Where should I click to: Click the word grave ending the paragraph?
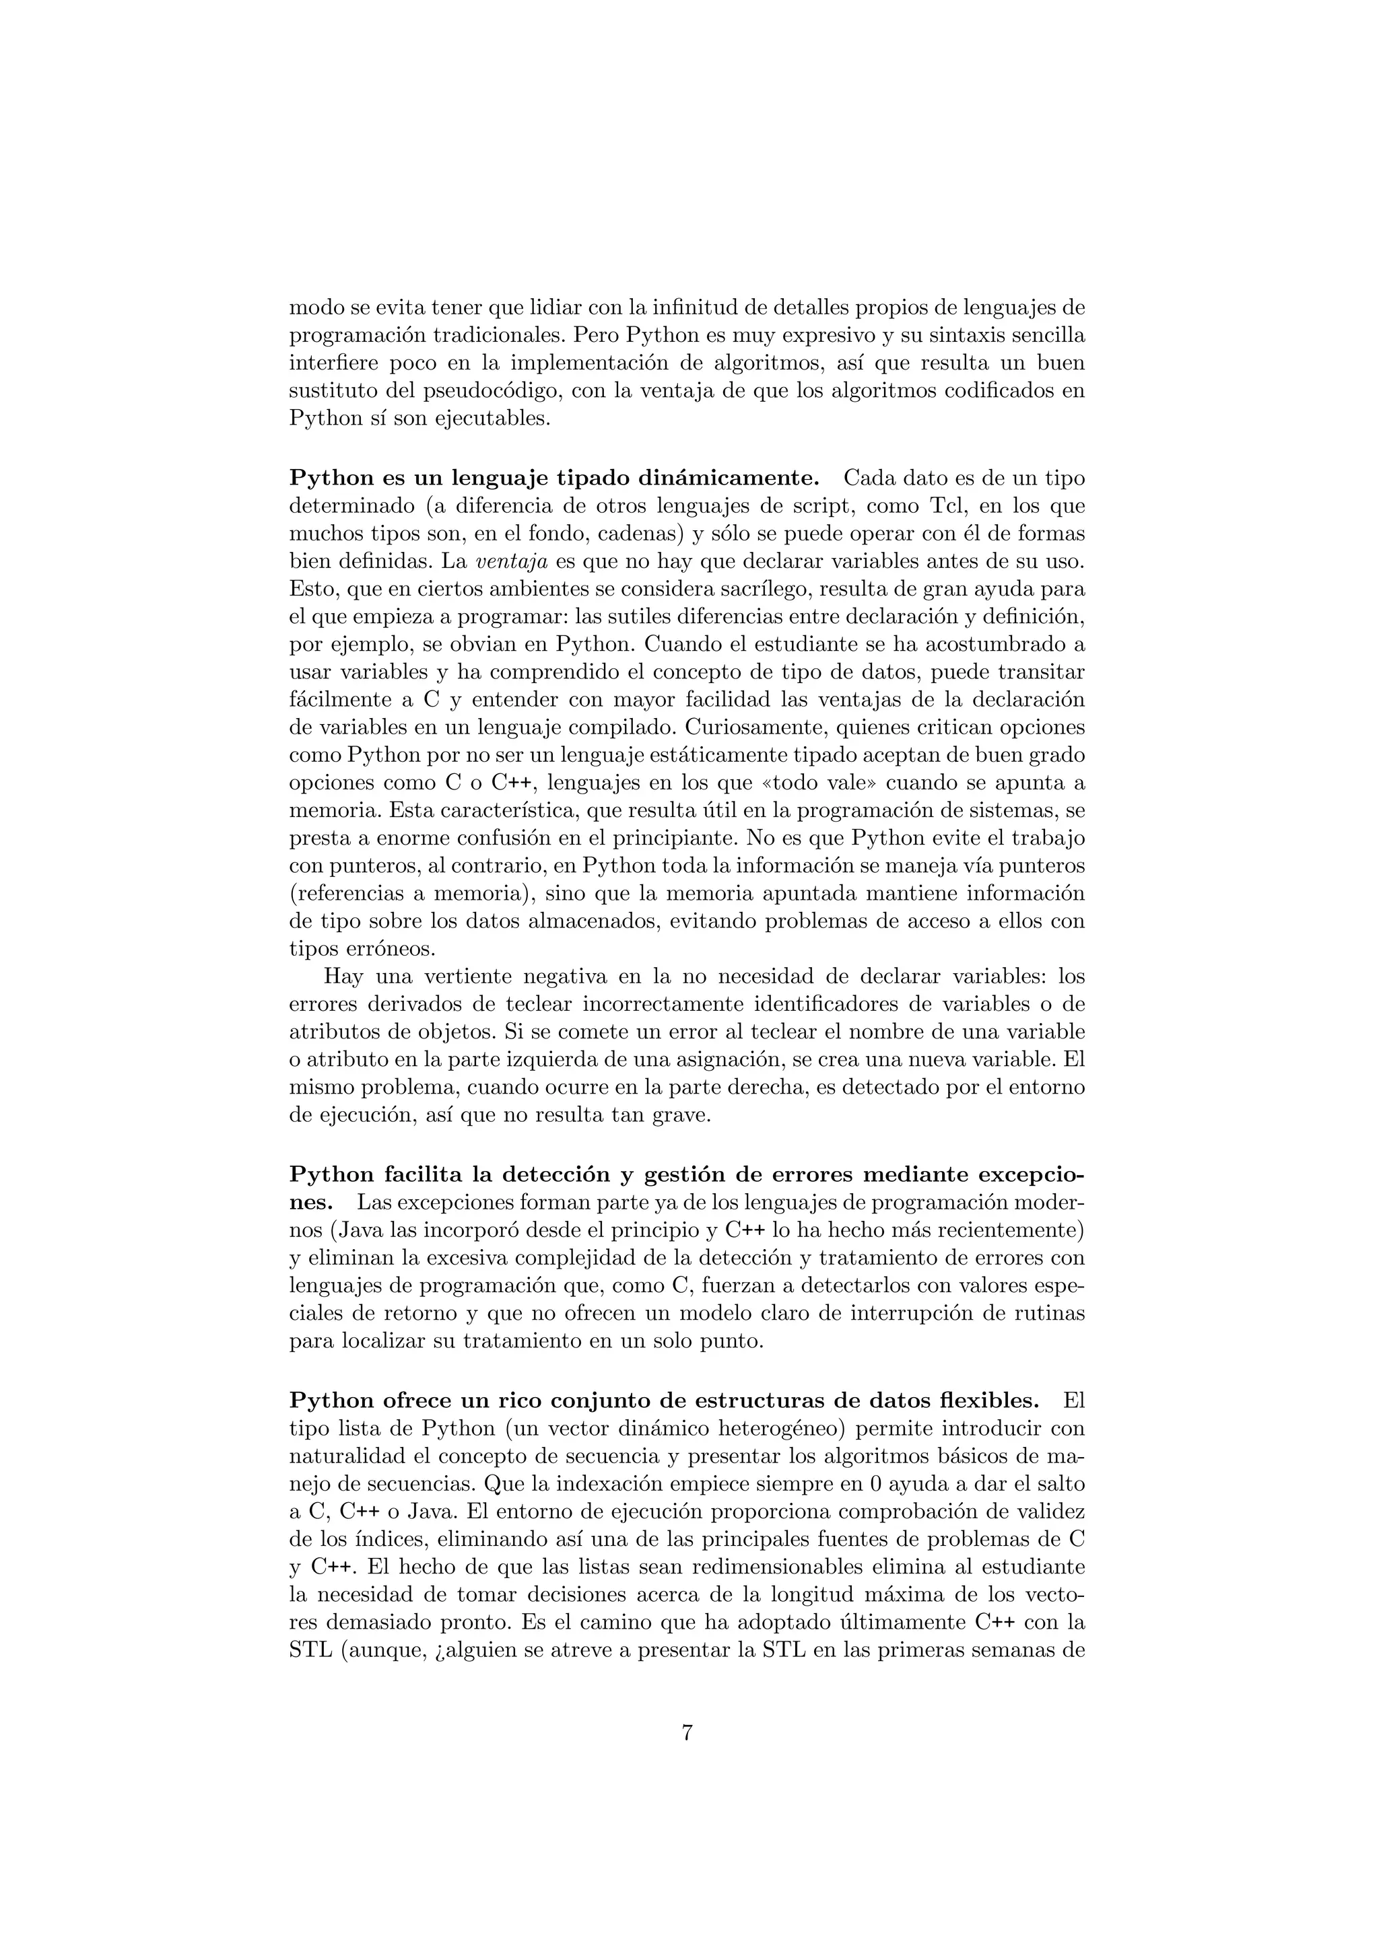679,1115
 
